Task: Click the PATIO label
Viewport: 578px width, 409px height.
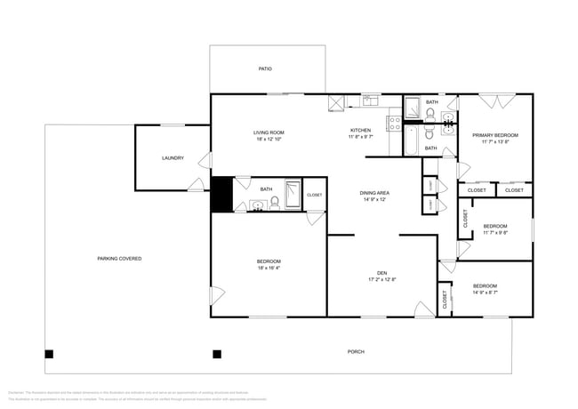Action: [265, 68]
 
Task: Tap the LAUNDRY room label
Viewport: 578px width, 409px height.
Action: [173, 158]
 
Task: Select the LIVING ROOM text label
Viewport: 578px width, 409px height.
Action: [269, 132]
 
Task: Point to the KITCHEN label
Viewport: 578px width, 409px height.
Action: [360, 131]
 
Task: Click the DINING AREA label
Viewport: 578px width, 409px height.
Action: [373, 193]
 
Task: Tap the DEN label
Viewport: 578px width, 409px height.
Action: [381, 273]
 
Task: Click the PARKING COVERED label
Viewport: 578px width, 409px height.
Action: [119, 259]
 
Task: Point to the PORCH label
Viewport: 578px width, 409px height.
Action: [355, 352]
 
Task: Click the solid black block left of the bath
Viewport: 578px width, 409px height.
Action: [220, 196]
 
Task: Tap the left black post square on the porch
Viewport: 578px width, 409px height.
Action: [50, 354]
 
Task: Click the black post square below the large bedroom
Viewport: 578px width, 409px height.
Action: [216, 354]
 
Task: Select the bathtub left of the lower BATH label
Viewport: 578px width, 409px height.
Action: [411, 140]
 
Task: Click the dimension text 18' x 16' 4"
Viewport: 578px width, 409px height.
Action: [269, 268]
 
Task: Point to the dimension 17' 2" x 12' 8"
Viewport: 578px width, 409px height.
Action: [381, 280]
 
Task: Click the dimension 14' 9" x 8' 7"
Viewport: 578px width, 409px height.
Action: [485, 293]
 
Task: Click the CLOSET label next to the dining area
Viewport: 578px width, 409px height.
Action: [315, 195]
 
